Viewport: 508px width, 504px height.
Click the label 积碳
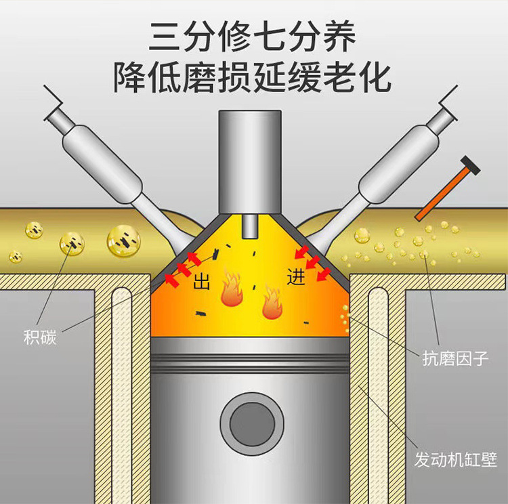tap(39, 337)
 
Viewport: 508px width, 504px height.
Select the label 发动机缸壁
tap(455, 461)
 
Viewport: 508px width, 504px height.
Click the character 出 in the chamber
tap(202, 282)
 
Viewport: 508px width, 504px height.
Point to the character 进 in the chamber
tap(297, 278)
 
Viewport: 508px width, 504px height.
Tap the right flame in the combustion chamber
tap(272, 303)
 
